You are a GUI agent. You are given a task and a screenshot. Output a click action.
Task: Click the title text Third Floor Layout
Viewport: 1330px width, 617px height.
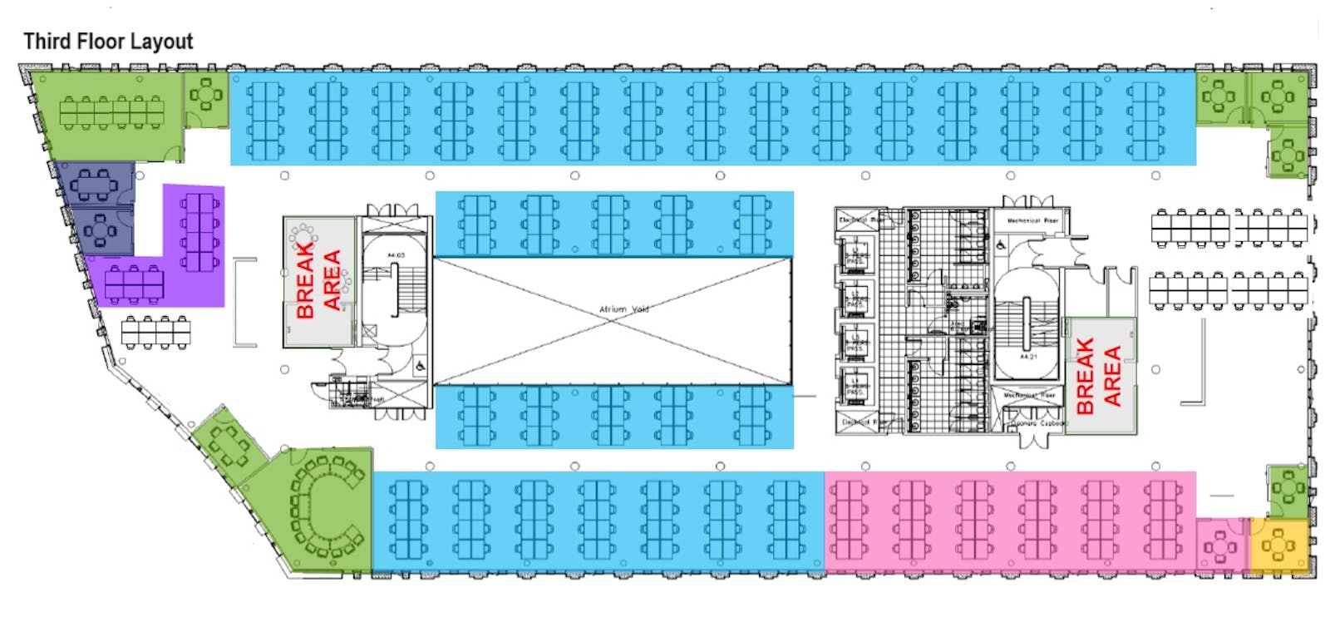coord(108,42)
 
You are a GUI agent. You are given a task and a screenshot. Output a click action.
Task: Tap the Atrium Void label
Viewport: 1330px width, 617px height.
coord(623,309)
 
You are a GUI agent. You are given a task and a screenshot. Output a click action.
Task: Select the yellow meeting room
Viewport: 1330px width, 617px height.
coord(1278,545)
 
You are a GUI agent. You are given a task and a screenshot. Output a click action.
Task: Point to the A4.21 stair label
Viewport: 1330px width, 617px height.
coord(1028,357)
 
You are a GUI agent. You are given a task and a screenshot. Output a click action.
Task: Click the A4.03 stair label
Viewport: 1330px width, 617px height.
coord(395,255)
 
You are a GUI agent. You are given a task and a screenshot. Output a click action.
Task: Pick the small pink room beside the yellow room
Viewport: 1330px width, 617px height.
coord(1220,546)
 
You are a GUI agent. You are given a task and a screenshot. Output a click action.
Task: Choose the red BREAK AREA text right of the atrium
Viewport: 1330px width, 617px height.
coord(1098,376)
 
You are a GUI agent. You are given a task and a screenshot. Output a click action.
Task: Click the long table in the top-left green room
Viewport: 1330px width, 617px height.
coord(111,111)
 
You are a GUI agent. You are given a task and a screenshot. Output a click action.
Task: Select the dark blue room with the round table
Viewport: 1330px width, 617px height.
coord(101,230)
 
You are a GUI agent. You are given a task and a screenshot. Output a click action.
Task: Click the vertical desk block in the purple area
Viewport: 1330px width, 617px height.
coord(200,231)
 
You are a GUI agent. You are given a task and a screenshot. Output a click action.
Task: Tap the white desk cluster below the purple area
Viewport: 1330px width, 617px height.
coord(155,332)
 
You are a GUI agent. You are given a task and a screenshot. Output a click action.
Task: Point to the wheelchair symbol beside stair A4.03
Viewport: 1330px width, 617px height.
coord(421,365)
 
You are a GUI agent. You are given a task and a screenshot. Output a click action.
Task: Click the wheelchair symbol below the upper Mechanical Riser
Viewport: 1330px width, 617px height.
coord(1002,244)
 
